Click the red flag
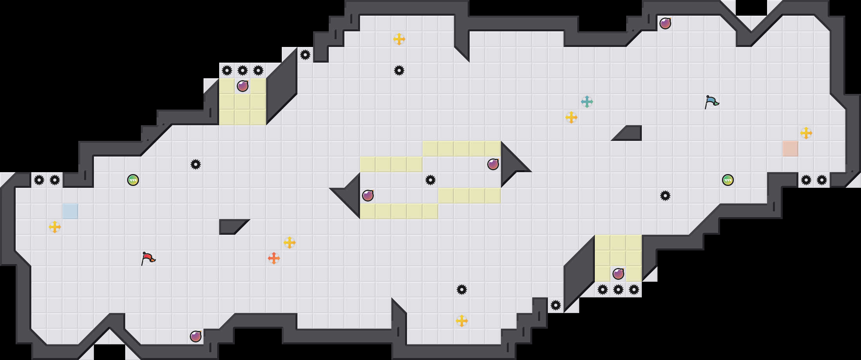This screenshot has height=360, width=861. tap(148, 258)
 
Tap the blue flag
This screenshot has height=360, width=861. tap(711, 102)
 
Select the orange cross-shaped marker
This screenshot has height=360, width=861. tap(274, 258)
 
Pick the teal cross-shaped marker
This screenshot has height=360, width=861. tap(587, 102)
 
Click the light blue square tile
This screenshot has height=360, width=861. tap(70, 211)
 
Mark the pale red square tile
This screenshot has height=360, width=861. tap(791, 149)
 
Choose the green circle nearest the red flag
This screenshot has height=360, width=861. tap(133, 180)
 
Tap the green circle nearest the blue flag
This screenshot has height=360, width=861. tap(728, 180)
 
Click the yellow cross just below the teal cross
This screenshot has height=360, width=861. tap(571, 117)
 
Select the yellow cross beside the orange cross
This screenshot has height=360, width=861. tap(290, 243)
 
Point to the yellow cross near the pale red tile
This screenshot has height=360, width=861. tap(806, 133)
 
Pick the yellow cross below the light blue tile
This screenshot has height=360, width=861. tap(55, 227)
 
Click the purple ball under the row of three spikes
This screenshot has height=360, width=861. tap(243, 86)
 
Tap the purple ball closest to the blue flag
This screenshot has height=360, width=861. tap(665, 23)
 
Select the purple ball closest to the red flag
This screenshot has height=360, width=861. tap(196, 337)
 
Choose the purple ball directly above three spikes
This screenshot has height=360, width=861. tap(618, 274)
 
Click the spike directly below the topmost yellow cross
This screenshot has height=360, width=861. tap(399, 70)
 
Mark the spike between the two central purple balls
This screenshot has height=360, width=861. tap(430, 180)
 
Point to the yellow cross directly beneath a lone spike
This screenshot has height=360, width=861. tap(462, 321)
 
